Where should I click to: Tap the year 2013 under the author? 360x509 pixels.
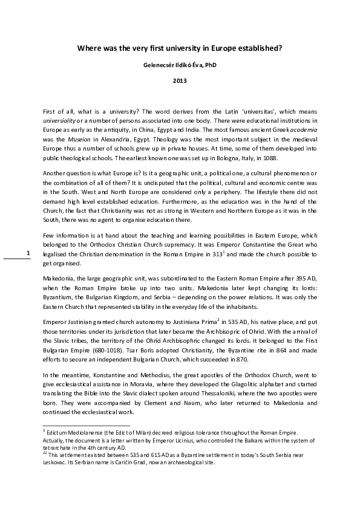pyautogui.click(x=180, y=80)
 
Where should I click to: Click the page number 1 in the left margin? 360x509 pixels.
pyautogui.click(x=28, y=253)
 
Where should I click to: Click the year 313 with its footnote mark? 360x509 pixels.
pyautogui.click(x=218, y=254)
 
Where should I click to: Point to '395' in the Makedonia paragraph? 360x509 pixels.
pyautogui.click(x=301, y=279)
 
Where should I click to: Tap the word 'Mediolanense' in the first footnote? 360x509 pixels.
pyautogui.click(x=85, y=433)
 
